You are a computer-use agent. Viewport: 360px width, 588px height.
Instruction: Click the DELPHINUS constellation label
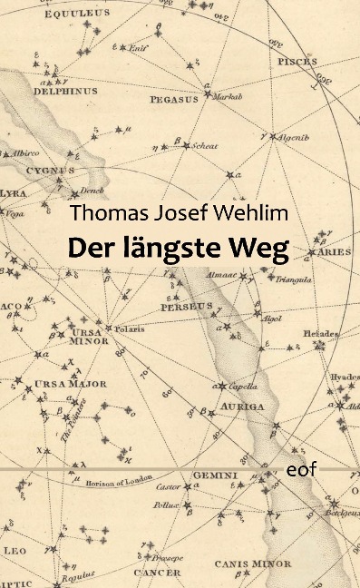(x=65, y=91)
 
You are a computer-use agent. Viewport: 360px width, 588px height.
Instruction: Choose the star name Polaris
(x=130, y=328)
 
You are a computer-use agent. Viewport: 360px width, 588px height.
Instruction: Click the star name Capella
(x=238, y=385)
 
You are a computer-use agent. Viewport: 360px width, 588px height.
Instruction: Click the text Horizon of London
(x=114, y=478)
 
